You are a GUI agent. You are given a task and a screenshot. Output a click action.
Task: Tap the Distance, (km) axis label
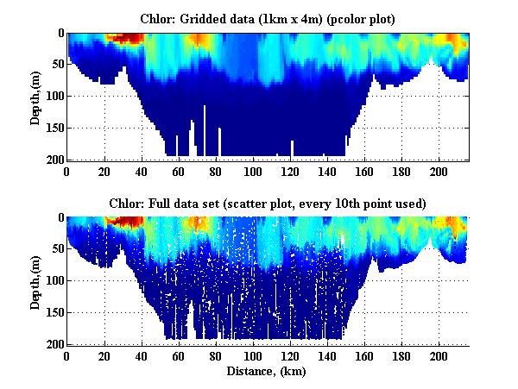(x=268, y=372)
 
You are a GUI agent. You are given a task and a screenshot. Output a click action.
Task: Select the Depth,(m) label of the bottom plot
(x=35, y=281)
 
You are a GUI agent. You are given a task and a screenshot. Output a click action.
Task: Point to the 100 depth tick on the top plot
(x=54, y=97)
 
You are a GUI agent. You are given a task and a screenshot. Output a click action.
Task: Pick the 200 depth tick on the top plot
(x=54, y=160)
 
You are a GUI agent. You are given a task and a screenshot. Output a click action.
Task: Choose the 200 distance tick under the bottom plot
(x=439, y=356)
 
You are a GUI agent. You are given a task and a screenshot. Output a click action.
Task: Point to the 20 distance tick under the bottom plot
(x=104, y=356)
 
